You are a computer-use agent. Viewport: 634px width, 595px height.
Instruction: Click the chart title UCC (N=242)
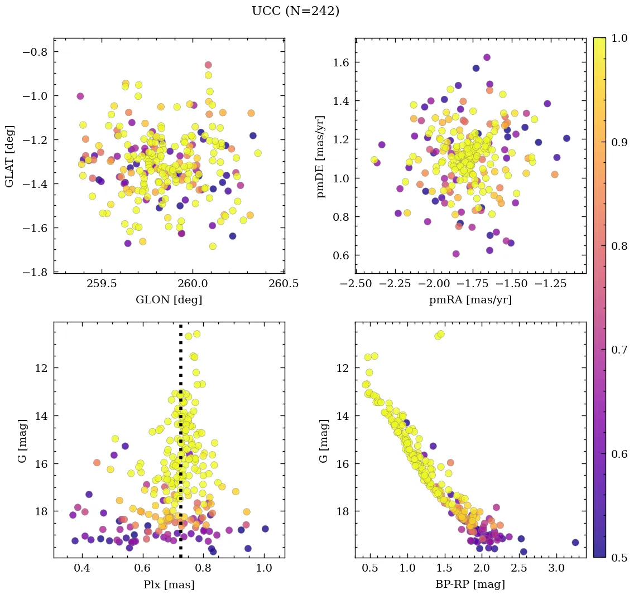coord(295,11)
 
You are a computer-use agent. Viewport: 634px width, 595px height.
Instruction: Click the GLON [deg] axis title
coord(169,300)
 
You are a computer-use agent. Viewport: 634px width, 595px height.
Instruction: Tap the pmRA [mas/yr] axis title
coord(470,300)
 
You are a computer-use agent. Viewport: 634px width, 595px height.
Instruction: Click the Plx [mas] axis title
coord(169,584)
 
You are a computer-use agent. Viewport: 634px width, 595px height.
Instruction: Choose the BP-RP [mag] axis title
coord(470,584)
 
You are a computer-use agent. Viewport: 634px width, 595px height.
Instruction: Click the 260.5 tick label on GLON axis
coord(283,284)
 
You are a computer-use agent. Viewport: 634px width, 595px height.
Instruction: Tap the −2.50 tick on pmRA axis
coord(356,284)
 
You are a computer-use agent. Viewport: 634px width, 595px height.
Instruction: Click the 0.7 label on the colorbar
coord(617,350)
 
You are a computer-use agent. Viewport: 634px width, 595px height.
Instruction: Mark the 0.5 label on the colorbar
coord(617,558)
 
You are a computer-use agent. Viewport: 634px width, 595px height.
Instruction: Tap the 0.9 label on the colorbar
coord(617,142)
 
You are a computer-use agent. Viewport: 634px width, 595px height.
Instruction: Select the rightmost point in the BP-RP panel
coord(575,542)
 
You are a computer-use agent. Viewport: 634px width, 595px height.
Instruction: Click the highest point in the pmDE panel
coord(487,57)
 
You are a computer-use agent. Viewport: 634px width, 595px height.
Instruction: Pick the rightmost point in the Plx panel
coord(265,529)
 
